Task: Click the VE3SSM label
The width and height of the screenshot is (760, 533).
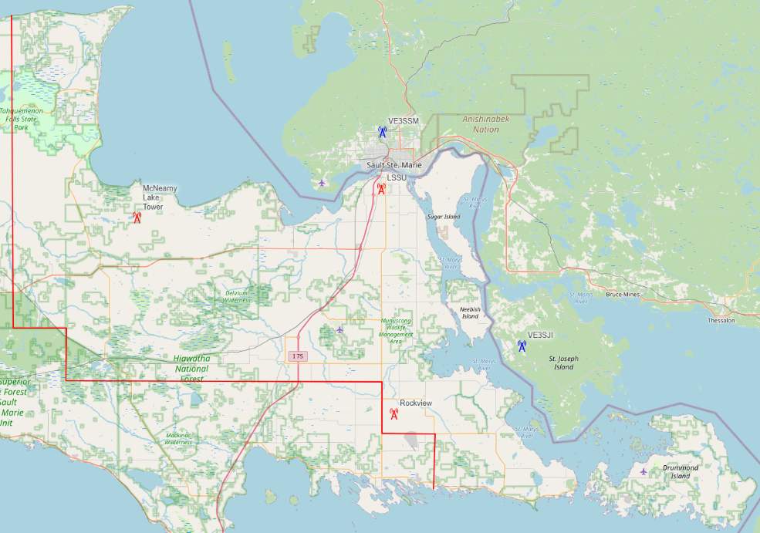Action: tap(404, 122)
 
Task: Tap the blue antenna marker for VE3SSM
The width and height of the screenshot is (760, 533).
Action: tap(383, 133)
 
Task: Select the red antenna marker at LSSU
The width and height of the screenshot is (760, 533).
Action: tap(381, 189)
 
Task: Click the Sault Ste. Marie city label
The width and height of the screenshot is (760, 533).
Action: tap(394, 166)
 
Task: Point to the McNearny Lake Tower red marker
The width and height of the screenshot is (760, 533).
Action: tap(137, 218)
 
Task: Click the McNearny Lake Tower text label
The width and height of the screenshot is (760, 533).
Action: tap(154, 197)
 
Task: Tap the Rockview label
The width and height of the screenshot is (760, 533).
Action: tap(416, 403)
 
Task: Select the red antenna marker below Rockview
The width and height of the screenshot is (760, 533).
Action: tap(394, 414)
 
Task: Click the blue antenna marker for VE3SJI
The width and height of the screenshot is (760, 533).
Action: tap(522, 346)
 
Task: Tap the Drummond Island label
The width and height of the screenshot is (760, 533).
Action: tap(681, 472)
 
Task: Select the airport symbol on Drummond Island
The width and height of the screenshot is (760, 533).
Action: tap(644, 471)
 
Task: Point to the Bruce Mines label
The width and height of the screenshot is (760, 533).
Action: tap(624, 295)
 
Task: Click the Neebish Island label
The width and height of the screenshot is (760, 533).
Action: tap(470, 312)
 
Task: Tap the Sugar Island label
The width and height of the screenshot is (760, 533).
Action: tap(443, 217)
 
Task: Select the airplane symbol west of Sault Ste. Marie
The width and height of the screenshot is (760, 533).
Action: tap(322, 183)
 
